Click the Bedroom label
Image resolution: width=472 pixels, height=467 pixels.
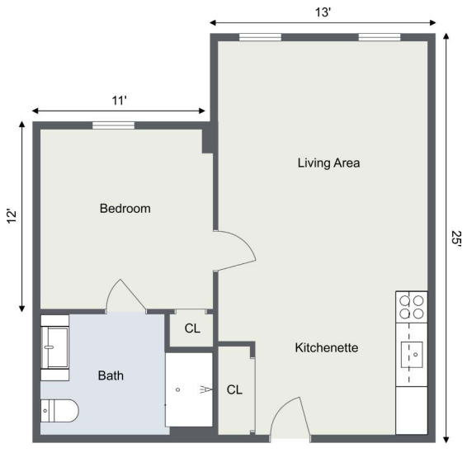pyautogui.click(x=125, y=209)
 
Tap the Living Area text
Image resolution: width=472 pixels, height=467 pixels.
pyautogui.click(x=328, y=163)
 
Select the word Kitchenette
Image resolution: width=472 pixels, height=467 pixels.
pyautogui.click(x=327, y=347)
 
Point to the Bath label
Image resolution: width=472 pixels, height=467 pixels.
pyautogui.click(x=111, y=375)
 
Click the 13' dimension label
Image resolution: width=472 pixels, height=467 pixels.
pyautogui.click(x=323, y=12)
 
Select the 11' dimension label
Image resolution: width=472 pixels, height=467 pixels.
pyautogui.click(x=119, y=101)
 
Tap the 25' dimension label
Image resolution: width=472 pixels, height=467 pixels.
pyautogui.click(x=456, y=238)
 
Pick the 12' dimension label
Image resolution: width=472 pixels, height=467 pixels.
pyautogui.click(x=12, y=215)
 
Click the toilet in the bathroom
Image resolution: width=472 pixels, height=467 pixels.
pyautogui.click(x=59, y=411)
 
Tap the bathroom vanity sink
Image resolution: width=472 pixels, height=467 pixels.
pyautogui.click(x=54, y=347)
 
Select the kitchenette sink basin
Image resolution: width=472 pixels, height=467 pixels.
pyautogui.click(x=412, y=355)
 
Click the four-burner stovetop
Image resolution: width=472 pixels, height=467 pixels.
pyautogui.click(x=412, y=307)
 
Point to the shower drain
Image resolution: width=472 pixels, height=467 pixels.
pyautogui.click(x=177, y=389)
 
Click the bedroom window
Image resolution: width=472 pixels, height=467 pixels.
pyautogui.click(x=113, y=125)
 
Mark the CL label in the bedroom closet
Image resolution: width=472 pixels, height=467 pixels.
pyautogui.click(x=192, y=328)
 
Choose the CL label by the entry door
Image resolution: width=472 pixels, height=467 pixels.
pyautogui.click(x=234, y=389)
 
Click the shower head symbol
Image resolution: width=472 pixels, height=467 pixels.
pyautogui.click(x=206, y=389)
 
